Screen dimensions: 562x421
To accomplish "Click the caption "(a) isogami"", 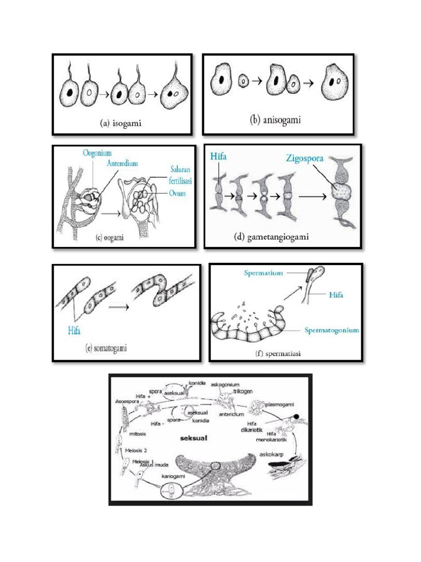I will [x=121, y=123].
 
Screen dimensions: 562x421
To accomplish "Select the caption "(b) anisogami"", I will [x=276, y=120].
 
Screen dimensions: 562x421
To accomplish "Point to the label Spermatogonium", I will [x=332, y=330].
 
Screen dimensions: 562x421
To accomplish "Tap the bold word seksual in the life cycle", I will [x=198, y=439].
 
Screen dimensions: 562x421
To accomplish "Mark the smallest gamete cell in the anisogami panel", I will [x=243, y=81].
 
